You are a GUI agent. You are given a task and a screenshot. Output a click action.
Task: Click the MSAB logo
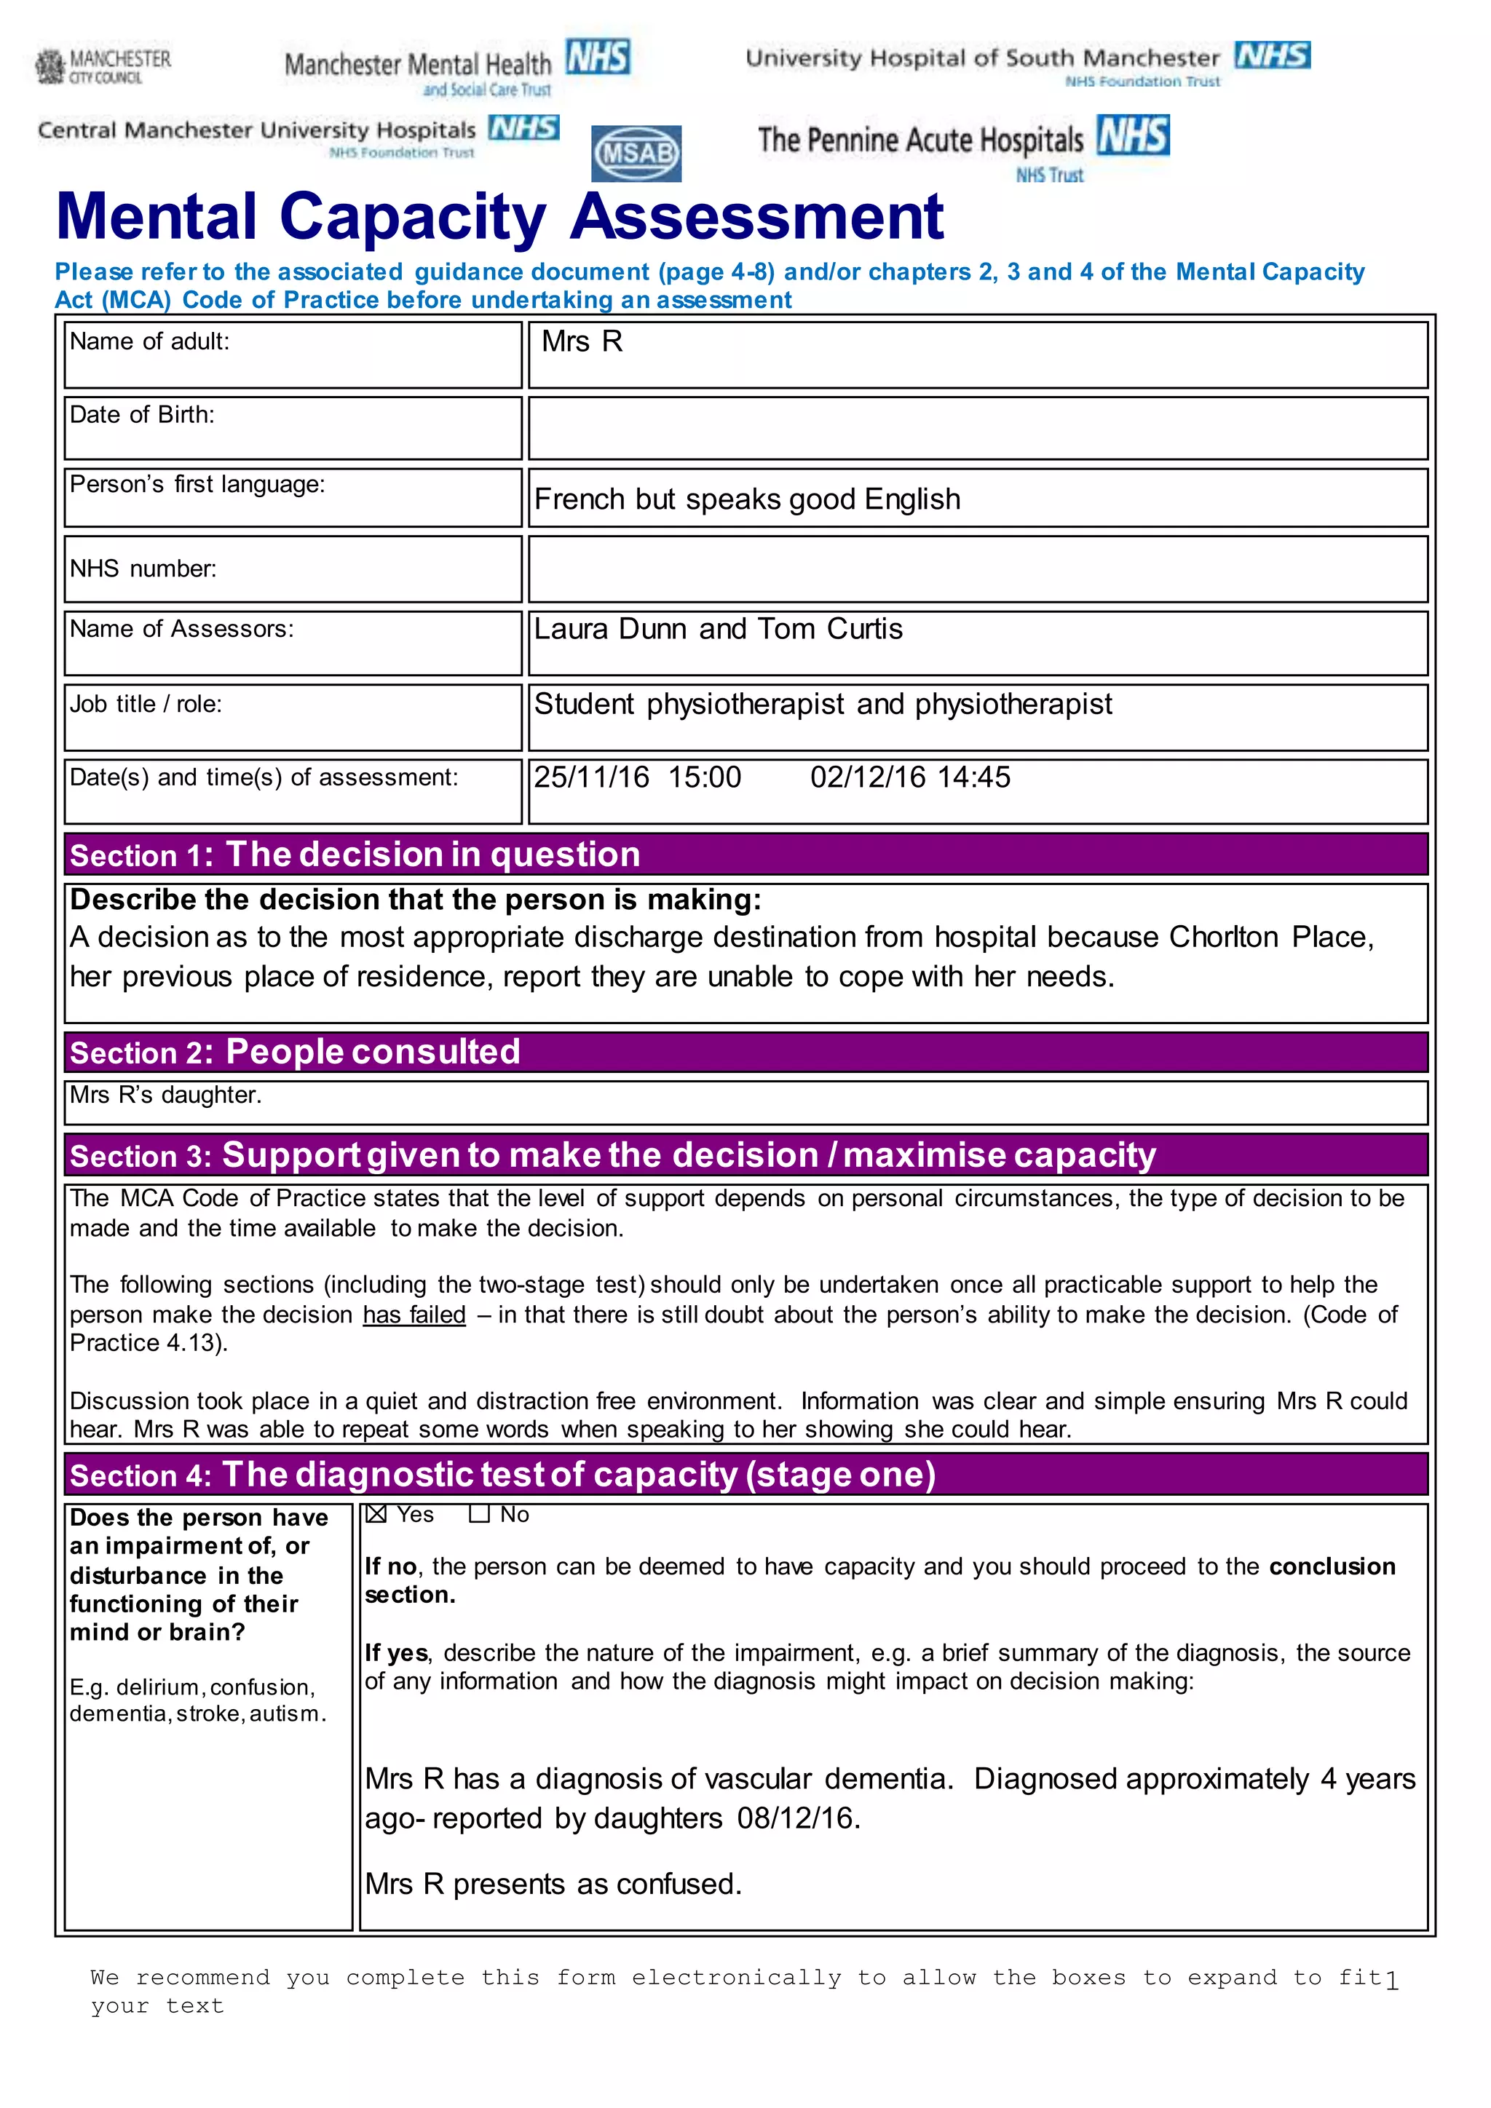pyautogui.click(x=636, y=152)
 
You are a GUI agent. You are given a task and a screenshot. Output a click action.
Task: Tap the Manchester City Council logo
pyautogui.click(x=103, y=66)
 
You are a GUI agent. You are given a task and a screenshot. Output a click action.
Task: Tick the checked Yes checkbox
pyautogui.click(x=376, y=1514)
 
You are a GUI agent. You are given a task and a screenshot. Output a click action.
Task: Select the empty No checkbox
pyautogui.click(x=478, y=1514)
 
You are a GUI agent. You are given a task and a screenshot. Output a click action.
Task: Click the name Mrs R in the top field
pyautogui.click(x=582, y=341)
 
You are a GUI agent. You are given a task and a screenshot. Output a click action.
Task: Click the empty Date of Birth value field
pyautogui.click(x=978, y=428)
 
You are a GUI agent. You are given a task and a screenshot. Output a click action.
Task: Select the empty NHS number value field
pyautogui.click(x=978, y=569)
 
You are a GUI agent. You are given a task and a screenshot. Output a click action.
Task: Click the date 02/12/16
pyautogui.click(x=868, y=777)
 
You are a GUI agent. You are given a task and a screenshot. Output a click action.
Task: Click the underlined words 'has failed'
pyautogui.click(x=414, y=1315)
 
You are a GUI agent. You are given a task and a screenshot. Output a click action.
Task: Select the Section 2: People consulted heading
pyautogui.click(x=295, y=1052)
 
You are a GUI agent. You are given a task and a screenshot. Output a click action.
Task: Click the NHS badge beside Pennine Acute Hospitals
pyautogui.click(x=1133, y=136)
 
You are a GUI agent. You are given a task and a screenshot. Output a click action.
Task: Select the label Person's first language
pyautogui.click(x=197, y=485)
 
